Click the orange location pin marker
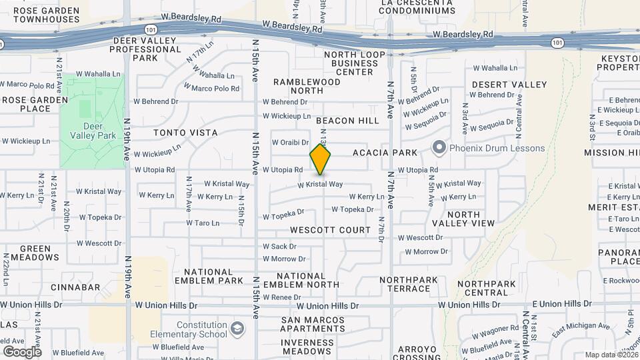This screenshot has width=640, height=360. [320, 160]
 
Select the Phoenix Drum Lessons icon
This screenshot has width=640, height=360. [439, 148]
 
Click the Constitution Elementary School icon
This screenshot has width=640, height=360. [237, 329]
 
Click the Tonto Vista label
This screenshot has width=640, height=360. [185, 133]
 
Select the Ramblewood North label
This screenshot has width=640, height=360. [307, 87]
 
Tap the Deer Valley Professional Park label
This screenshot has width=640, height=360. [147, 49]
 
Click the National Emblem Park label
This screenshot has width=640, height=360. [213, 276]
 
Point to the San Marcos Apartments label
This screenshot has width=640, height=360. [313, 325]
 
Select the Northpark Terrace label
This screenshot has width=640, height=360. [405, 284]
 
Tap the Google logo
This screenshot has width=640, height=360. [22, 351]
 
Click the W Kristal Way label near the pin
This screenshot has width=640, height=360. [320, 185]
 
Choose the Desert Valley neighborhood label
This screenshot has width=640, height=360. [509, 85]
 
